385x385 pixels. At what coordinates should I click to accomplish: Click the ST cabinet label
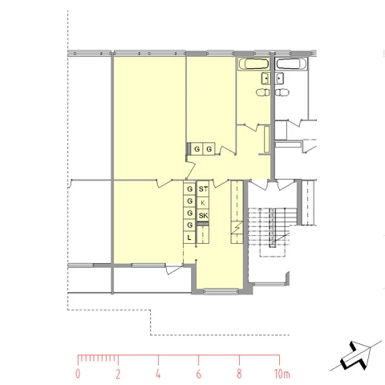pos(203,189)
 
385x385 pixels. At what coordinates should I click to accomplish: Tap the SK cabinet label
pos(203,216)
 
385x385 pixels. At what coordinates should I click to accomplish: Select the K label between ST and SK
pos(203,203)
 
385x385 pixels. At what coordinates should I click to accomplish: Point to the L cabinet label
pos(189,237)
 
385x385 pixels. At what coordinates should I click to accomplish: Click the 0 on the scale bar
pos(78,374)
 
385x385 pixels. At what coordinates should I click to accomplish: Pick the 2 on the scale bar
pos(118,374)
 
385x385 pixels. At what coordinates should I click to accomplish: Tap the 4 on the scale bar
pos(158,374)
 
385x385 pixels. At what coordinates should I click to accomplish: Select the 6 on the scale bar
pos(199,374)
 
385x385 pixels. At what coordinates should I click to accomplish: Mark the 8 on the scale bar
pos(239,374)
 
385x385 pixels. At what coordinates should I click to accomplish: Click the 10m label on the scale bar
pos(282,374)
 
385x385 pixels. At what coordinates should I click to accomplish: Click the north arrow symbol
pos(356,355)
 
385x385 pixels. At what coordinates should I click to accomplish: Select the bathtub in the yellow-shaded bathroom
pos(253,64)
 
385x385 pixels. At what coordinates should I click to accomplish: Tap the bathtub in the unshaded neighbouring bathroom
pos(291,64)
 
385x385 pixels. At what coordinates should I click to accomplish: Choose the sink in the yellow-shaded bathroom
pos(265,79)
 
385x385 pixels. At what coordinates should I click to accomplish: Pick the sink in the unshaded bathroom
pos(279,79)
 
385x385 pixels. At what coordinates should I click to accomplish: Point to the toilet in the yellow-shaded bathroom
pos(263,92)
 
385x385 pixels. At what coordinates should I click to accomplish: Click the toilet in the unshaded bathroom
pos(282,92)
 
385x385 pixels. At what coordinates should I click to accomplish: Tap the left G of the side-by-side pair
pos(197,149)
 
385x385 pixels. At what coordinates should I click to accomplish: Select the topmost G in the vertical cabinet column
pos(190,189)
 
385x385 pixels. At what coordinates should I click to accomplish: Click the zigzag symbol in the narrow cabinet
pos(237,228)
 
